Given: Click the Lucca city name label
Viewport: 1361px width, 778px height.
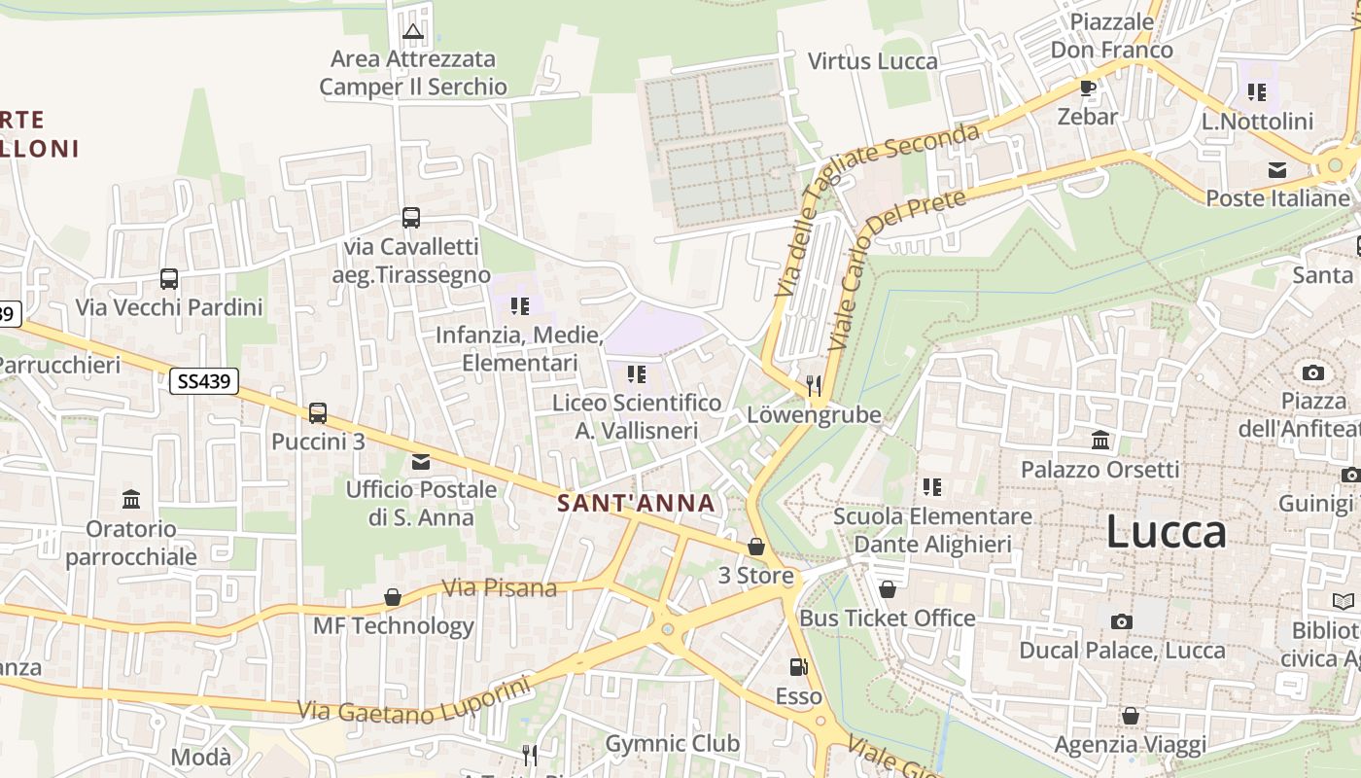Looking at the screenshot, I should (1166, 533).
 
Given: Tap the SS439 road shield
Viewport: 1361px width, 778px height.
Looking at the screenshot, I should (204, 381).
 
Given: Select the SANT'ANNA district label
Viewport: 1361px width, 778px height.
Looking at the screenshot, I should (636, 503).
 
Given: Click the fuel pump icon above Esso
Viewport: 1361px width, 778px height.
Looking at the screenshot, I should (798, 667).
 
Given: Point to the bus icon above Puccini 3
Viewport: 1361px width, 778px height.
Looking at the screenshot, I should (318, 412).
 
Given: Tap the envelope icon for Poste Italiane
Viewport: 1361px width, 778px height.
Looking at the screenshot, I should (1277, 170).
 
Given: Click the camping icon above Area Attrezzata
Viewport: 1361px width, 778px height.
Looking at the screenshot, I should (413, 31).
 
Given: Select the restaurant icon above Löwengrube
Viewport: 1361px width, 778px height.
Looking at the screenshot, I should (814, 385).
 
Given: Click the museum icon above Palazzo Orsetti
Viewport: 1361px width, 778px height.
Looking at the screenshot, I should (1100, 441).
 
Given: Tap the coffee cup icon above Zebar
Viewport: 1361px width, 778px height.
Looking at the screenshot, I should (1088, 88).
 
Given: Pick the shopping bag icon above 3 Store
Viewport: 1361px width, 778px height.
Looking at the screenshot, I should (756, 547).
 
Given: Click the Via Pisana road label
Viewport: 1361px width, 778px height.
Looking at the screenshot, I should (500, 587).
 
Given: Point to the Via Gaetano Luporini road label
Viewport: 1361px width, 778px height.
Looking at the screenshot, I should (415, 700).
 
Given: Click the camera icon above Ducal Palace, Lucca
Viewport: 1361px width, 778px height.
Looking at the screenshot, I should (1121, 621).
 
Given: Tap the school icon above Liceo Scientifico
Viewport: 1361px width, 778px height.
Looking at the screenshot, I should (637, 373).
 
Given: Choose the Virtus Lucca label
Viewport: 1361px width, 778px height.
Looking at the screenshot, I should (873, 61).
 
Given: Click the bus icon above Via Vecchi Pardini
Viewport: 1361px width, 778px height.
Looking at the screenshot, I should (169, 279).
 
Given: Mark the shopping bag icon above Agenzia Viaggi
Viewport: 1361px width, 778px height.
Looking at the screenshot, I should (1131, 717).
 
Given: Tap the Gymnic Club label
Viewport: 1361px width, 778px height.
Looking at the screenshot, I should (673, 744).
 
